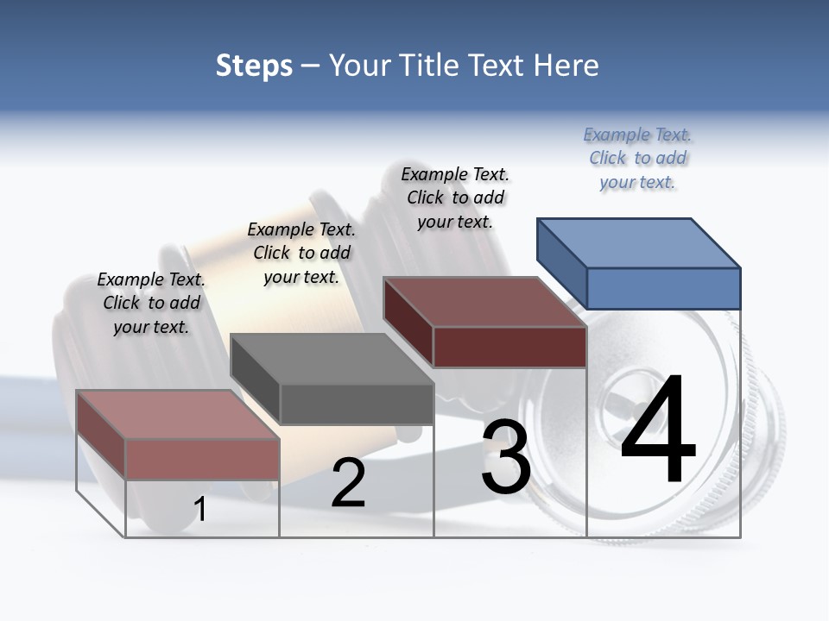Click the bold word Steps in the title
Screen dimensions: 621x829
(x=254, y=66)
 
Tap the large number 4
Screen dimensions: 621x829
(x=658, y=431)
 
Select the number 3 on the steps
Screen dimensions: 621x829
(x=506, y=457)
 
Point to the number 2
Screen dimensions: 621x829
(x=348, y=484)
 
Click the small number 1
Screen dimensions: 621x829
(x=199, y=510)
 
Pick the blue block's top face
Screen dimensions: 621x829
(x=639, y=242)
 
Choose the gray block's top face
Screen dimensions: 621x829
(x=332, y=359)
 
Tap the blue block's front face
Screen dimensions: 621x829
(x=663, y=288)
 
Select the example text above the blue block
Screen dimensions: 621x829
(x=637, y=159)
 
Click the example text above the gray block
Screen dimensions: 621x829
(x=301, y=253)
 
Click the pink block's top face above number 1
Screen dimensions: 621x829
(x=178, y=414)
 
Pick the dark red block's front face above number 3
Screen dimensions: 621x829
(x=509, y=347)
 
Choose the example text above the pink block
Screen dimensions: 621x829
(x=151, y=304)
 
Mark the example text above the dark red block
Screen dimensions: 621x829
(x=455, y=198)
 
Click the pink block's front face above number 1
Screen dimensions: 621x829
(x=202, y=459)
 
